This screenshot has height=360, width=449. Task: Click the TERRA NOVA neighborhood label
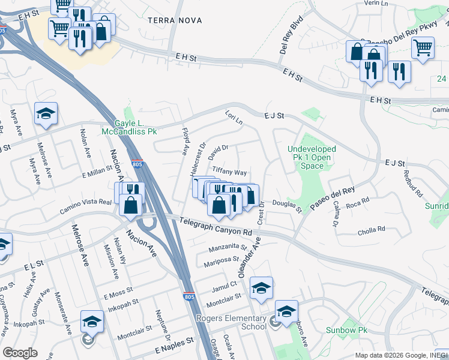(x=172, y=20)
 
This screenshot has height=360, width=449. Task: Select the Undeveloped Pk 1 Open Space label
(x=312, y=157)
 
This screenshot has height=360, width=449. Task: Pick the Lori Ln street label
(x=234, y=117)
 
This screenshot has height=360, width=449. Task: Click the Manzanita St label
(x=228, y=247)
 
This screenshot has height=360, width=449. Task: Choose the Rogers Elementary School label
(x=245, y=322)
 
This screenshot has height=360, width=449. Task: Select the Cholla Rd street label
(x=372, y=229)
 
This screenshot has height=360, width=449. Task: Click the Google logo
(x=20, y=353)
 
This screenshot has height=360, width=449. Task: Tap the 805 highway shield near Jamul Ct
(x=188, y=296)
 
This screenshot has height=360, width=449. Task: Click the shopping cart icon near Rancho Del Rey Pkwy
(x=423, y=48)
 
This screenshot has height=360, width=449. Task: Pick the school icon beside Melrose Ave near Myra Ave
(x=46, y=114)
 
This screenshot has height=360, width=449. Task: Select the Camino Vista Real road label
(x=86, y=207)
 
